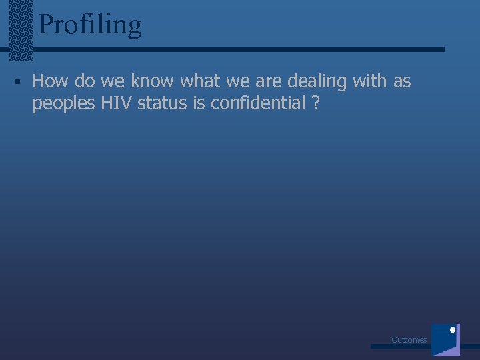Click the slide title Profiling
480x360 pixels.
click(x=90, y=25)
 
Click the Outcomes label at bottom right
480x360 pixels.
click(x=409, y=340)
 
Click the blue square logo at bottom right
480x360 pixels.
click(x=445, y=340)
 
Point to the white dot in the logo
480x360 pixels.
click(x=453, y=329)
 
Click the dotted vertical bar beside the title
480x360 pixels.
click(x=23, y=30)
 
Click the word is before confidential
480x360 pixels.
click(x=199, y=103)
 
